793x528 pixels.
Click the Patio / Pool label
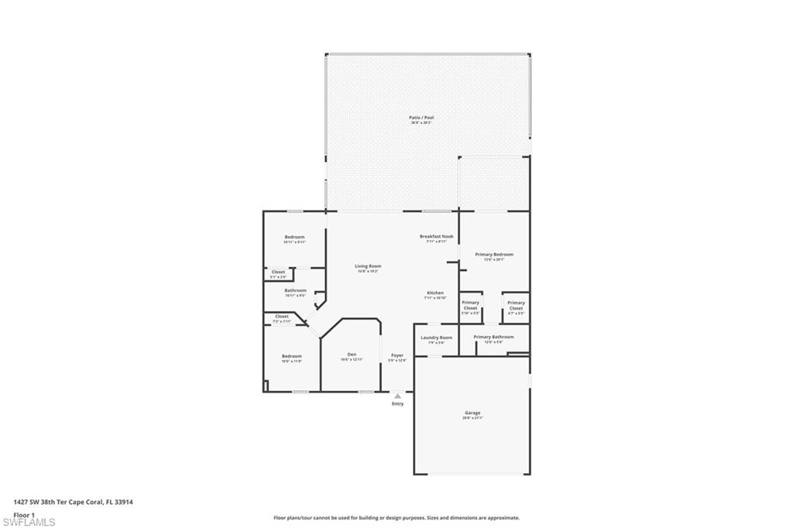421,118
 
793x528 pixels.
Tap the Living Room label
368,266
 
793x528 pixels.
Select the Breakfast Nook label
436,236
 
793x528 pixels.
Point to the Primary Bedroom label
494,255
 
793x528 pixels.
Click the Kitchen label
434,293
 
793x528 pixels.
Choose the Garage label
472,413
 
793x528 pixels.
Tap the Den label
351,355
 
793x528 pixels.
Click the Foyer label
396,355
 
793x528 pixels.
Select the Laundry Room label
436,338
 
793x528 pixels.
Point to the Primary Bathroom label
493,338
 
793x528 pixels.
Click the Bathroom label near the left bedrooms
295,291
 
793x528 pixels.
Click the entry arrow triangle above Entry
397,396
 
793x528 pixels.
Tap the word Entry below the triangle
397,403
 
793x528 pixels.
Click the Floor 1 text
25,514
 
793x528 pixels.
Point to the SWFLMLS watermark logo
29,522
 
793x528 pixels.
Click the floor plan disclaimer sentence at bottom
396,518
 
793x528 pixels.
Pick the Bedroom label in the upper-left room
294,237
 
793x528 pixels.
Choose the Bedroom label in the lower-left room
291,356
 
